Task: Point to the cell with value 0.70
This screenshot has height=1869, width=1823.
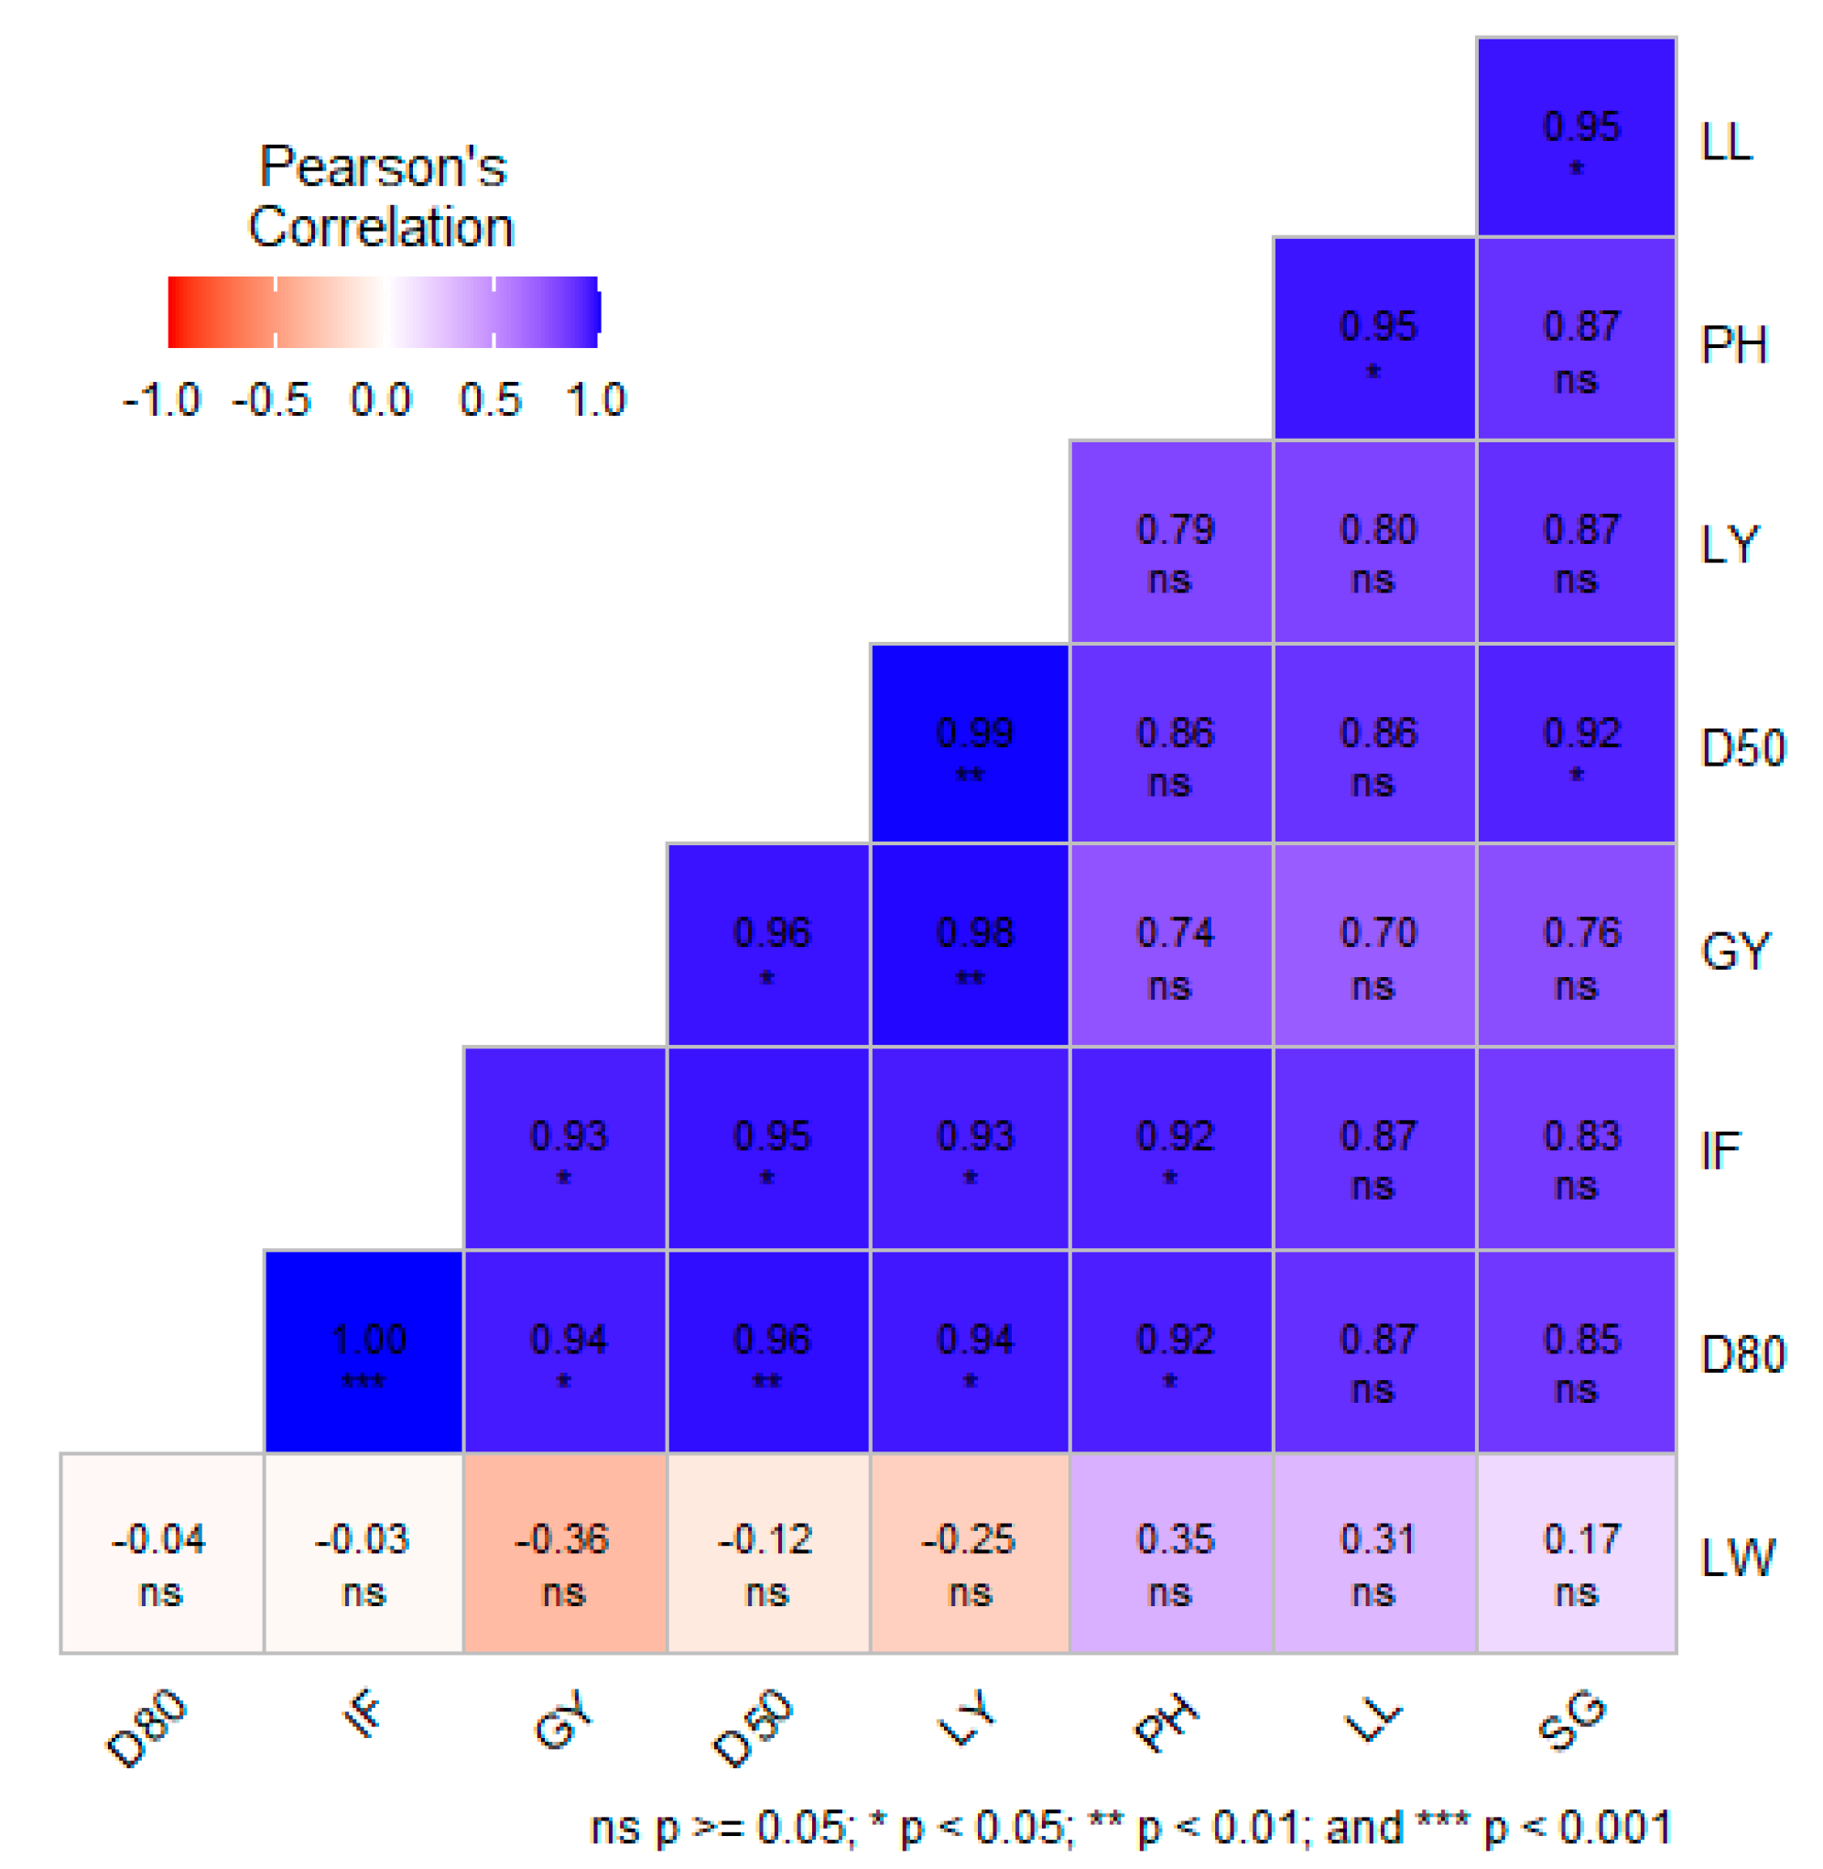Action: click(x=1375, y=946)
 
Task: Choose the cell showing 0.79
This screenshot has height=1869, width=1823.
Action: click(x=1172, y=542)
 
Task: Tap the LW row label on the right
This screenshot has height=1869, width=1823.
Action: click(x=1737, y=1559)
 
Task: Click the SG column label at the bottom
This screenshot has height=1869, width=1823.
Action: click(x=1571, y=1721)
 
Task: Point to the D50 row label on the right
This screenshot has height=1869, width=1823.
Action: click(x=1742, y=749)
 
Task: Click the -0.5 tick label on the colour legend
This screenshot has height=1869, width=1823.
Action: click(x=272, y=400)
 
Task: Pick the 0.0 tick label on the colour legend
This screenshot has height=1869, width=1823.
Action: click(x=380, y=400)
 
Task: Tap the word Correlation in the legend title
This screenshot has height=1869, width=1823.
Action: click(x=381, y=228)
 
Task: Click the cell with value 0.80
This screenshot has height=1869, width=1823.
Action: click(x=1375, y=542)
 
